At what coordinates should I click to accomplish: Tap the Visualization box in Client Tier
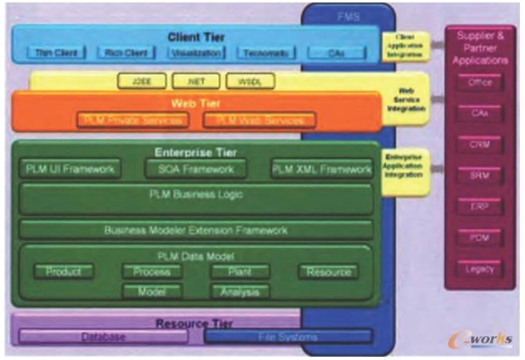point(196,53)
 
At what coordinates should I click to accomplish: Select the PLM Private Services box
point(133,121)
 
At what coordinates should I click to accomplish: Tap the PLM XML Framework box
point(320,170)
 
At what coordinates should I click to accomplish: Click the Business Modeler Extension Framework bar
point(196,229)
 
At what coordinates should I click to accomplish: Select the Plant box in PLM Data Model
point(240,272)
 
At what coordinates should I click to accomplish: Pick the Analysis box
point(240,292)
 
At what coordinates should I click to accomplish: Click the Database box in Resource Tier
point(103,337)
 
